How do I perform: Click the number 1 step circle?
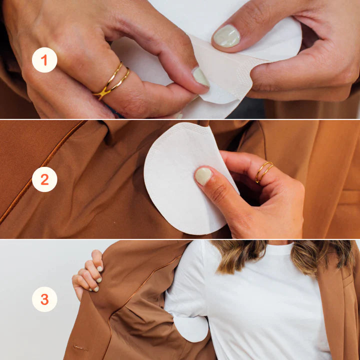pos(44,60)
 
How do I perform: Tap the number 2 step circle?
pos(44,179)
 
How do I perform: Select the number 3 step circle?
pos(44,299)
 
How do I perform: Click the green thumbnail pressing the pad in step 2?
pos(203,176)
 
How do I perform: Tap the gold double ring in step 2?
pos(263,171)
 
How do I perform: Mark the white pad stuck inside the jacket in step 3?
pos(191,327)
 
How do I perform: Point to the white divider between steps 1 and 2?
pos(180,119)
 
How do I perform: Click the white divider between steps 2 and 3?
pos(180,239)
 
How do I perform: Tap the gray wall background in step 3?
pos(30,330)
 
